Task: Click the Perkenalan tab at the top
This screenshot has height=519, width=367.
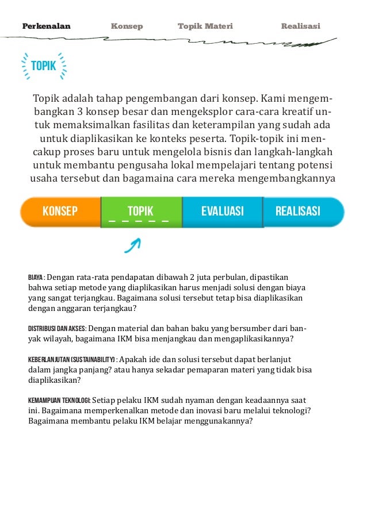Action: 46,26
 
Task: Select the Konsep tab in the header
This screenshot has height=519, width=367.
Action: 127,26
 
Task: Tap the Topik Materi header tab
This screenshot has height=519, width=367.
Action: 205,26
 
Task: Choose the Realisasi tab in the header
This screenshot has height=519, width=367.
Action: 300,26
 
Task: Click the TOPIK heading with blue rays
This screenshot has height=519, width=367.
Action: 44,66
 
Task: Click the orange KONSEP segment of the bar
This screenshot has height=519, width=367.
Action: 60,211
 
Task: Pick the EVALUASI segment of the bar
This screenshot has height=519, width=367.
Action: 222,211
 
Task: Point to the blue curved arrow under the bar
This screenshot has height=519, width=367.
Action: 132,245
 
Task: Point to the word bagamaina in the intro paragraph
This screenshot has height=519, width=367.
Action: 131,178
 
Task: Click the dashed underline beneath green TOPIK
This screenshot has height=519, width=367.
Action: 139,221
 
